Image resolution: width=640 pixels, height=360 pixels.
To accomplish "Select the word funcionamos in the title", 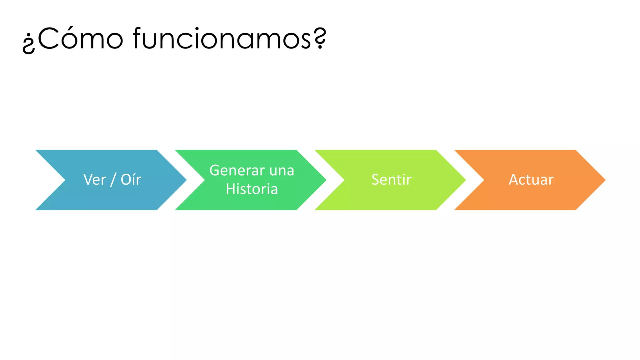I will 222,39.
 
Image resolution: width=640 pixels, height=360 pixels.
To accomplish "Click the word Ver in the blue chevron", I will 94,180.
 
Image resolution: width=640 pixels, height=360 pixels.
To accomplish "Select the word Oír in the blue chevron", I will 131,180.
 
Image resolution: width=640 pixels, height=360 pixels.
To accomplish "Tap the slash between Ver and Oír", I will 113,180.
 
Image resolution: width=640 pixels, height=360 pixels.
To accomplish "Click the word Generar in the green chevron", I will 237,171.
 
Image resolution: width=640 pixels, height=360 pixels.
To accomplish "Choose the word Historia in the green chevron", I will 252,189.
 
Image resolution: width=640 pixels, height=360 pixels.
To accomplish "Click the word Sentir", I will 391,180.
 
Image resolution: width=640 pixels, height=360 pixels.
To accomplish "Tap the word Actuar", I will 531,180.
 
